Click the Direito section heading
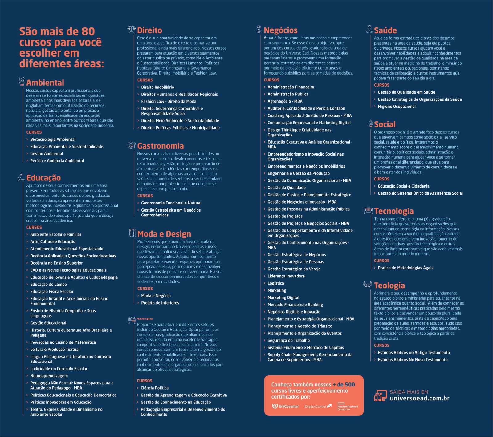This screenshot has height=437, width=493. [x=149, y=30]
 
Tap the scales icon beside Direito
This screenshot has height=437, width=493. [x=132, y=30]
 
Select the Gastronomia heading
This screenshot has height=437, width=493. [x=160, y=146]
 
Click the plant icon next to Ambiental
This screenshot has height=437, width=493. [x=22, y=82]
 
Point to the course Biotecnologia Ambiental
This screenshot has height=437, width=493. [x=53, y=140]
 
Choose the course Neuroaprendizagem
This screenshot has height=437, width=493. [x=49, y=376]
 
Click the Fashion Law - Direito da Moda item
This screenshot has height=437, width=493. [x=169, y=101]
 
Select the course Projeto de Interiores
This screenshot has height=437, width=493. [x=160, y=303]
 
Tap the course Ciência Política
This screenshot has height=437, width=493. [x=154, y=388]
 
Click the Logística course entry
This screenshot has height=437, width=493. [x=276, y=283]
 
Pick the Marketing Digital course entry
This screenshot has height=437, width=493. [x=283, y=297]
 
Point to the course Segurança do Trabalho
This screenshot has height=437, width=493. [x=288, y=340]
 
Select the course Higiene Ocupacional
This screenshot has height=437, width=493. [x=397, y=107]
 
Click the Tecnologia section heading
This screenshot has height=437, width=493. [x=394, y=211]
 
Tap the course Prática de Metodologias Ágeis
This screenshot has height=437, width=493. [x=405, y=268]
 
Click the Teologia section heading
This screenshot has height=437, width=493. [x=389, y=285]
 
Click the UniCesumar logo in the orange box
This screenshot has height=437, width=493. [x=286, y=406]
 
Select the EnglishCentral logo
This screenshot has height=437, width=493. [x=318, y=407]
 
